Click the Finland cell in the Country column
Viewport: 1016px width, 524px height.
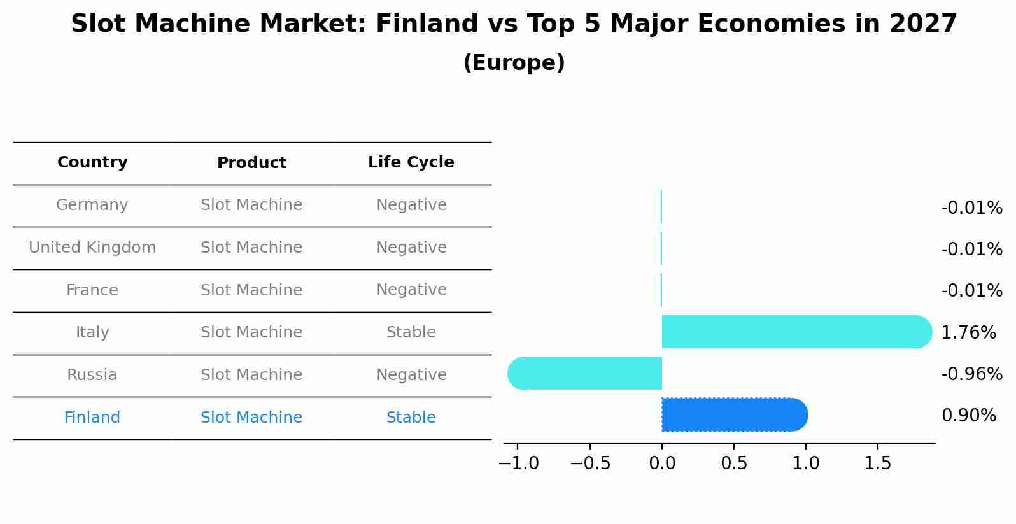[92, 418]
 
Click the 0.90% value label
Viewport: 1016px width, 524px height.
[968, 416]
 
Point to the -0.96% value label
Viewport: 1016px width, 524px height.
[971, 374]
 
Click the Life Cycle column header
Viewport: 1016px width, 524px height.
[411, 162]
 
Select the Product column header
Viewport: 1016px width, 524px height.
[251, 163]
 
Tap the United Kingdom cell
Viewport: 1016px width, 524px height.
[92, 248]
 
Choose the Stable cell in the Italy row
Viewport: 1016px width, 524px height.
[411, 332]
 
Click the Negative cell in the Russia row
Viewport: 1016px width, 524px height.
[411, 375]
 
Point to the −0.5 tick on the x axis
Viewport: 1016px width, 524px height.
[590, 464]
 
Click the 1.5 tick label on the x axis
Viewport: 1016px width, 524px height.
[878, 464]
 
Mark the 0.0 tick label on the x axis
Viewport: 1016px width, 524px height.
[662, 464]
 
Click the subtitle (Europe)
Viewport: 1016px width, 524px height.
[514, 63]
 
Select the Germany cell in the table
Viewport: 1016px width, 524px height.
[92, 205]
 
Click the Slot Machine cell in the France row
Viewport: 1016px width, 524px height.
[251, 290]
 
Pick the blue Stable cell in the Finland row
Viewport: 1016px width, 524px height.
[411, 418]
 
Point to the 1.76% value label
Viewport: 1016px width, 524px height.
[968, 332]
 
